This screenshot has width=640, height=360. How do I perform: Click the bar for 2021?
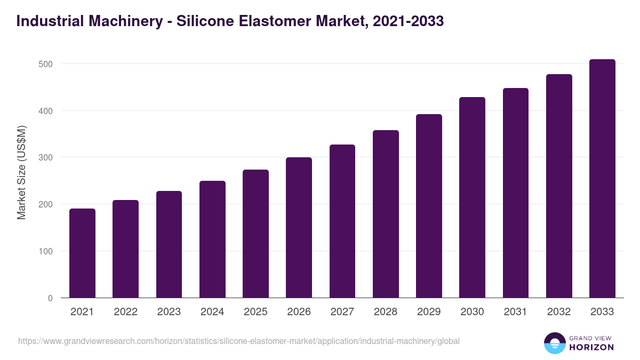click(x=82, y=253)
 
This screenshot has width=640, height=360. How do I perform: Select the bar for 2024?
click(x=212, y=239)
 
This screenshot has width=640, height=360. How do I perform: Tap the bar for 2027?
click(x=342, y=221)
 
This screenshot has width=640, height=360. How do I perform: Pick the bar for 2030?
click(x=472, y=197)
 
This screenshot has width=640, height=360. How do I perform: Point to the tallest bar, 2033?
click(x=602, y=179)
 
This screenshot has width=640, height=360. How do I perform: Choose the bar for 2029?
click(x=429, y=206)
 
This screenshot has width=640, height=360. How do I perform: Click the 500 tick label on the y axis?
click(x=46, y=64)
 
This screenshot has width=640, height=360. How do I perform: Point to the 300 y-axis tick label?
click(x=46, y=157)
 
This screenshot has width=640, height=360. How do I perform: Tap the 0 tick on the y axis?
click(x=50, y=298)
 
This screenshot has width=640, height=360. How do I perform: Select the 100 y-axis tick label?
click(x=46, y=251)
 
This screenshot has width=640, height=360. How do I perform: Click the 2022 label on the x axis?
click(x=125, y=312)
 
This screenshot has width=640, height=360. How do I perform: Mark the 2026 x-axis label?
click(x=299, y=312)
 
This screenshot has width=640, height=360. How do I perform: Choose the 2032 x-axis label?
click(x=559, y=312)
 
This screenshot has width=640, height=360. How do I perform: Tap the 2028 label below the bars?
click(x=386, y=312)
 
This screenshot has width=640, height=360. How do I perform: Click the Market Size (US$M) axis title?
click(x=21, y=173)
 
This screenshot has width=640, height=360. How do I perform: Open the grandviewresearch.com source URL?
click(x=238, y=341)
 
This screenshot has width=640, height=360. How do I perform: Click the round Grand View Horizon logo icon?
click(x=554, y=343)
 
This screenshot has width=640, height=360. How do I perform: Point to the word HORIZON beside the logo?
click(x=591, y=347)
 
